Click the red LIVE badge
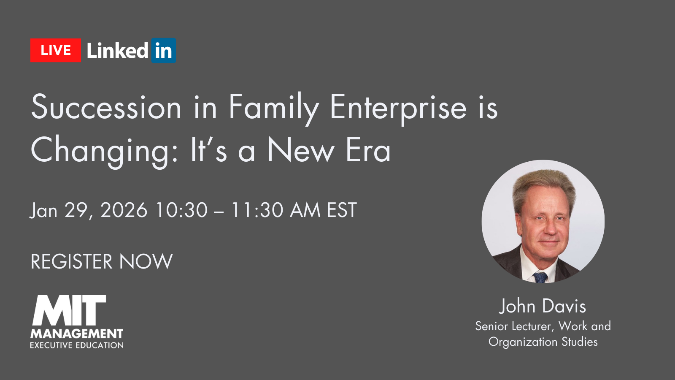pyautogui.click(x=56, y=50)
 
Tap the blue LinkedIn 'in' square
pyautogui.click(x=164, y=50)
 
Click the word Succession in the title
pyautogui.click(x=106, y=107)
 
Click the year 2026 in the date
pyautogui.click(x=124, y=210)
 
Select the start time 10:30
pyautogui.click(x=182, y=210)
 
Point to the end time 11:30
pyautogui.click(x=257, y=210)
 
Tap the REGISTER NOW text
pyautogui.click(x=102, y=261)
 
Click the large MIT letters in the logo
pyautogui.click(x=69, y=310)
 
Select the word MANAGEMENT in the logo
pyautogui.click(x=76, y=334)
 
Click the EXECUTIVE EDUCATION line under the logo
pyautogui.click(x=76, y=345)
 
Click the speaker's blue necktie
pyautogui.click(x=540, y=277)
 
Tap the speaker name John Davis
pyautogui.click(x=543, y=306)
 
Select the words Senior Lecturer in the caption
pyautogui.click(x=515, y=326)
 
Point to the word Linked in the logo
pyautogui.click(x=118, y=50)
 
